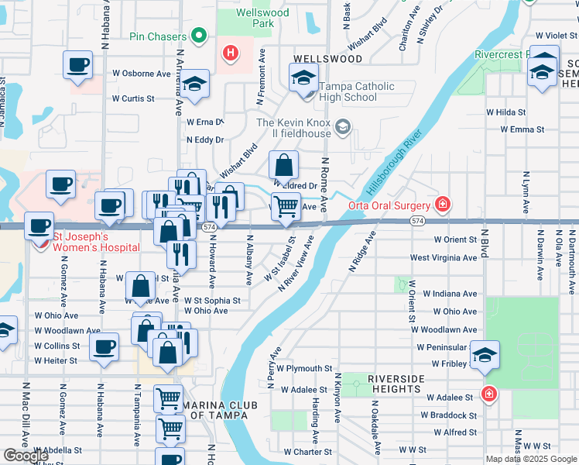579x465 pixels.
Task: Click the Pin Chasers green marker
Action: (x=199, y=36)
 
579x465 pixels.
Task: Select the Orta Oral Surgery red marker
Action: (x=442, y=205)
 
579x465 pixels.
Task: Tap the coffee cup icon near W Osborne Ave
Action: (x=77, y=65)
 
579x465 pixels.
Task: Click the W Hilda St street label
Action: (x=505, y=112)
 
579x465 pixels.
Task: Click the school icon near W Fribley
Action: (x=485, y=355)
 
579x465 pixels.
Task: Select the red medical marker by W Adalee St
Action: (x=488, y=394)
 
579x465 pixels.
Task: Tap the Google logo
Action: (x=26, y=456)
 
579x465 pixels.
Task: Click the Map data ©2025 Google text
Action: (x=531, y=459)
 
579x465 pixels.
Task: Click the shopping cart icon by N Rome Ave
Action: (x=286, y=207)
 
